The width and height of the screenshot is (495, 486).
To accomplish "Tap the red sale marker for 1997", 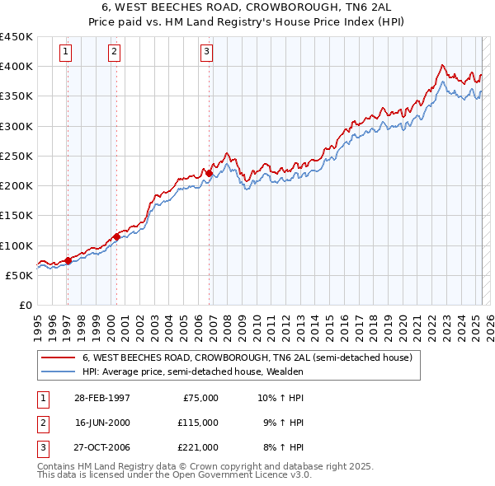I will [68, 260].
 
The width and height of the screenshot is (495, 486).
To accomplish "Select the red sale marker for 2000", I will [116, 236].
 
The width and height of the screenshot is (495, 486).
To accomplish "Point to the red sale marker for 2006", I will [210, 173].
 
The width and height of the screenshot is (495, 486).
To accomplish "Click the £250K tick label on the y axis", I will [16, 156].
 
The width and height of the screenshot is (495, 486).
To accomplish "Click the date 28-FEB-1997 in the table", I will [101, 397].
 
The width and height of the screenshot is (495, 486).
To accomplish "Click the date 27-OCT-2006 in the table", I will [102, 447].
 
